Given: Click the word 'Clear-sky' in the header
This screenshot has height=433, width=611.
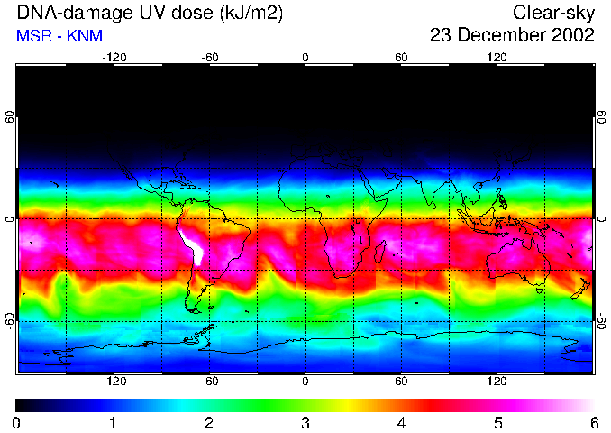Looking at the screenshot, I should coord(553,14).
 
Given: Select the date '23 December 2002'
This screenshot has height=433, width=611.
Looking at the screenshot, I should coord(512,36).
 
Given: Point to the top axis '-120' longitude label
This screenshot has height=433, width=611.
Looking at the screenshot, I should coord(114,58).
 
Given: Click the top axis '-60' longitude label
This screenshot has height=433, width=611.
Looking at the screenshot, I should coord(209,58).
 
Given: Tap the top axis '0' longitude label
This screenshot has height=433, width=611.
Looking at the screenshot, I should coord(305,58).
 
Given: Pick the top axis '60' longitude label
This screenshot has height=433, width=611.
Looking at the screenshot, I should coord(401,58).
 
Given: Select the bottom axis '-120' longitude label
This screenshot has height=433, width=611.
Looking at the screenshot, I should coord(114,382).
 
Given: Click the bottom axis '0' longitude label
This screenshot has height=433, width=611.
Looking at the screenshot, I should coord(305,382).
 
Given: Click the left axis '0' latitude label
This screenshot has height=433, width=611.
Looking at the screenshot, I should coord(10,219).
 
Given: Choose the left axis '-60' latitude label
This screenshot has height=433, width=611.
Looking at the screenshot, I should coord(10,320).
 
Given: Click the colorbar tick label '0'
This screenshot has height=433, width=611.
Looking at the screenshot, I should coord(17,422).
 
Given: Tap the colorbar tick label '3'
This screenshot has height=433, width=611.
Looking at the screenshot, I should coord(305,422).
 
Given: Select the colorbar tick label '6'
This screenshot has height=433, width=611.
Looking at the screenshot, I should coord(594,422).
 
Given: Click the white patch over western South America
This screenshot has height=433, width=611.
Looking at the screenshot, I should coord(192,244).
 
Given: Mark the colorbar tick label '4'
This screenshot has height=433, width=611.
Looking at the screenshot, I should coord(401,422).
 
